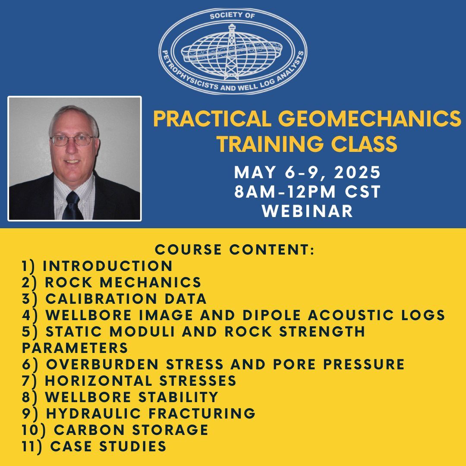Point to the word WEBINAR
pyautogui.click(x=307, y=211)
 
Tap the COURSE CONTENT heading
pyautogui.click(x=235, y=249)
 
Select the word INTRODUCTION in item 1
pyautogui.click(x=107, y=266)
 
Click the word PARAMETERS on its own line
pyautogui.click(x=75, y=348)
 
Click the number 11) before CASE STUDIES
pyautogui.click(x=33, y=446)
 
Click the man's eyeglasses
pyautogui.click(x=72, y=140)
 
